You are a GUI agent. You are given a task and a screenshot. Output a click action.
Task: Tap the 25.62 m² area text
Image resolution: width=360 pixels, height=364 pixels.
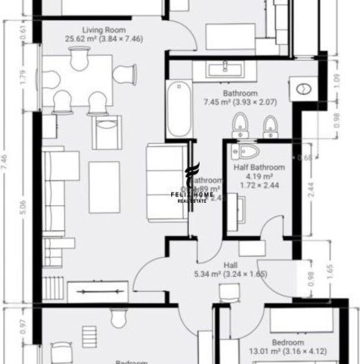click(104, 39)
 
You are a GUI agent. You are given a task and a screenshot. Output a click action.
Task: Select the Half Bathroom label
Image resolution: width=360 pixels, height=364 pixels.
click(259, 167)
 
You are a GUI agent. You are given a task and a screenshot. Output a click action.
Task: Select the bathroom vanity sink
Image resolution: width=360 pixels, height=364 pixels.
click(225, 70)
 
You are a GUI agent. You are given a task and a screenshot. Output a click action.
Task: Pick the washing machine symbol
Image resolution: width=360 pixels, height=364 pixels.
click(304, 88)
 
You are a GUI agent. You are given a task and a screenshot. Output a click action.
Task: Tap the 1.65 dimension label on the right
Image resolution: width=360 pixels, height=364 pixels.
click(330, 270)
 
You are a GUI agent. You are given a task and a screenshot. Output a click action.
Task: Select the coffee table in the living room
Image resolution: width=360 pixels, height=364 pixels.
click(104, 186)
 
